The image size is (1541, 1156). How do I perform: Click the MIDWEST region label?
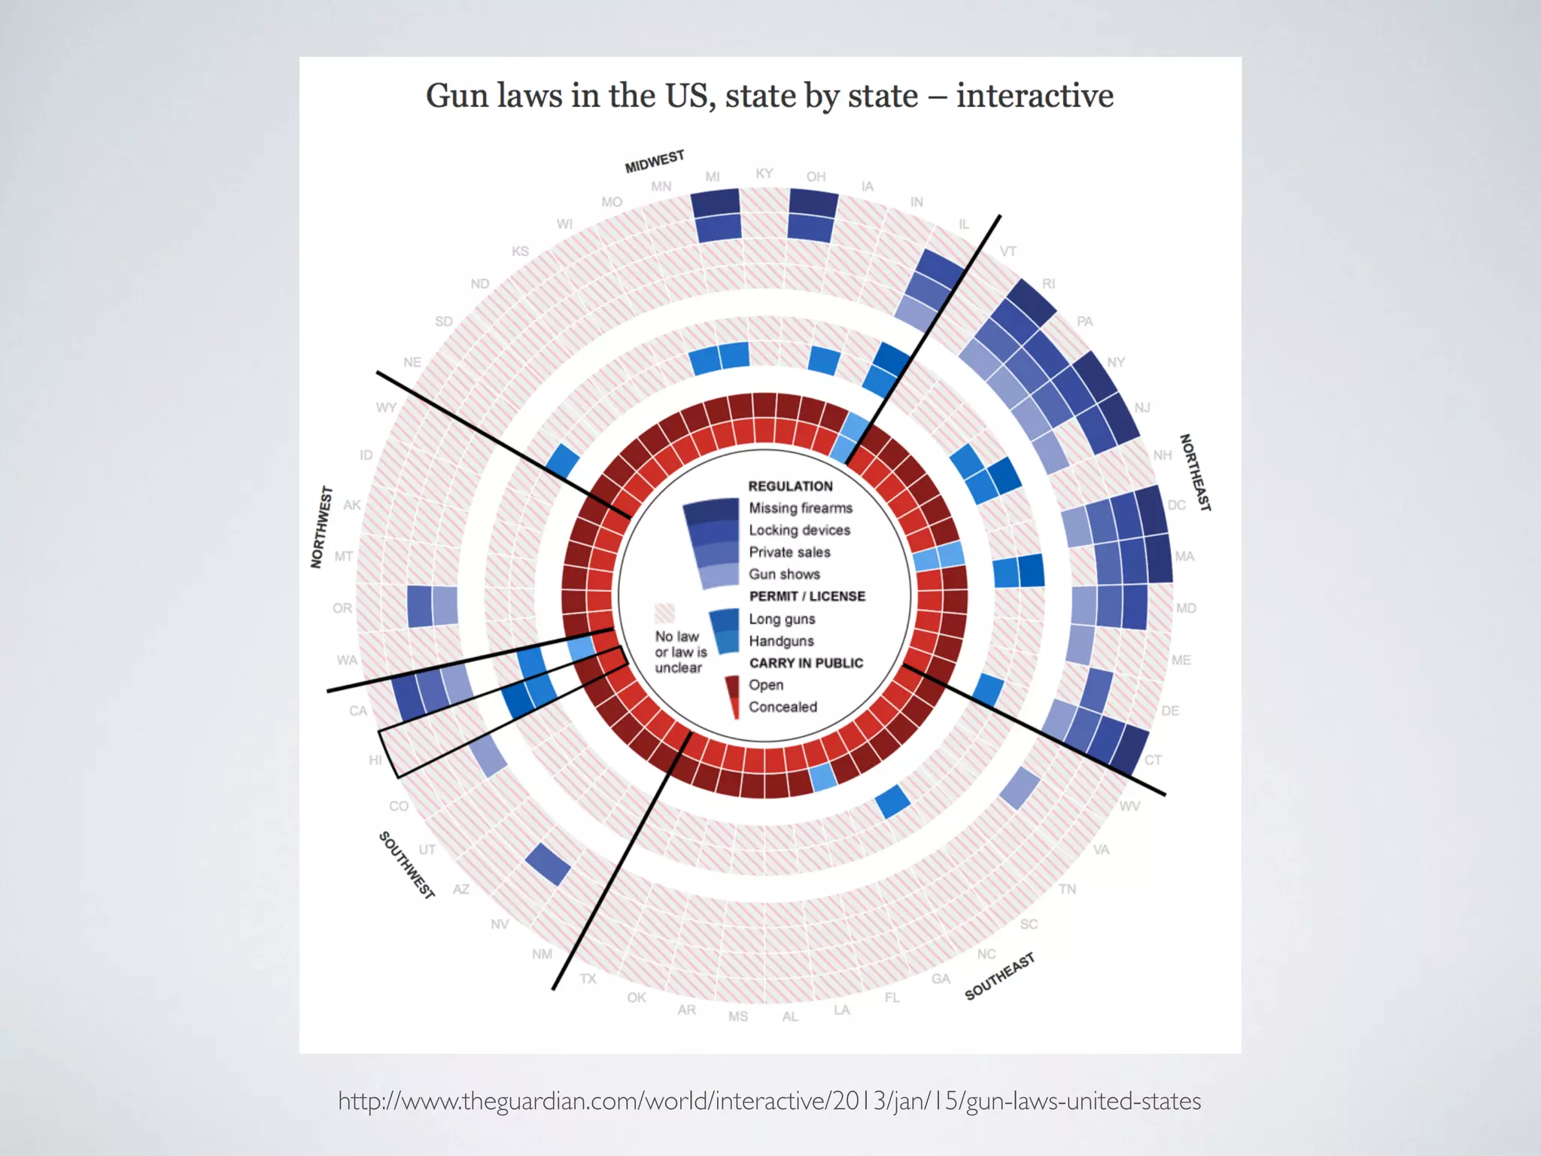point(655,161)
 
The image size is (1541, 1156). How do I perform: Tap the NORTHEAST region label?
point(1195,473)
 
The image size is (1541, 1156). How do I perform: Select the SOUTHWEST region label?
point(406,865)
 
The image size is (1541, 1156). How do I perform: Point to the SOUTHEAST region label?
point(999,976)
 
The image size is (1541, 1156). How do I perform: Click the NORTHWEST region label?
point(321,527)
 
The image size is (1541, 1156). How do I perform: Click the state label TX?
point(588,978)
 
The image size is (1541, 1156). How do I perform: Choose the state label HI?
point(375,760)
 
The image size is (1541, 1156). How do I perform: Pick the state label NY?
point(1116,362)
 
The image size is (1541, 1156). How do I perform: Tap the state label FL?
point(892,997)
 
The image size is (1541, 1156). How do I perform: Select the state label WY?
point(386,407)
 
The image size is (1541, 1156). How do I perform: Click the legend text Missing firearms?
point(801,508)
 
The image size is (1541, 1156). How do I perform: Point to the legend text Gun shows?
point(784,574)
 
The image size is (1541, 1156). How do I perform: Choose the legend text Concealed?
point(783,707)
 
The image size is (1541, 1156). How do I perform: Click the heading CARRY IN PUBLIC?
point(806,663)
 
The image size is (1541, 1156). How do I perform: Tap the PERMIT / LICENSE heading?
point(807,596)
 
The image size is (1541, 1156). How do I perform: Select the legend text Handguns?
point(781,641)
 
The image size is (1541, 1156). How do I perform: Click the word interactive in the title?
point(1035,96)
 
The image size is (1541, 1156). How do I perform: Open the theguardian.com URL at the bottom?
point(769,1101)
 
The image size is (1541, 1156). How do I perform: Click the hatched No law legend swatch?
point(665,613)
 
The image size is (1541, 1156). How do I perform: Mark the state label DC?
point(1177,505)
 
